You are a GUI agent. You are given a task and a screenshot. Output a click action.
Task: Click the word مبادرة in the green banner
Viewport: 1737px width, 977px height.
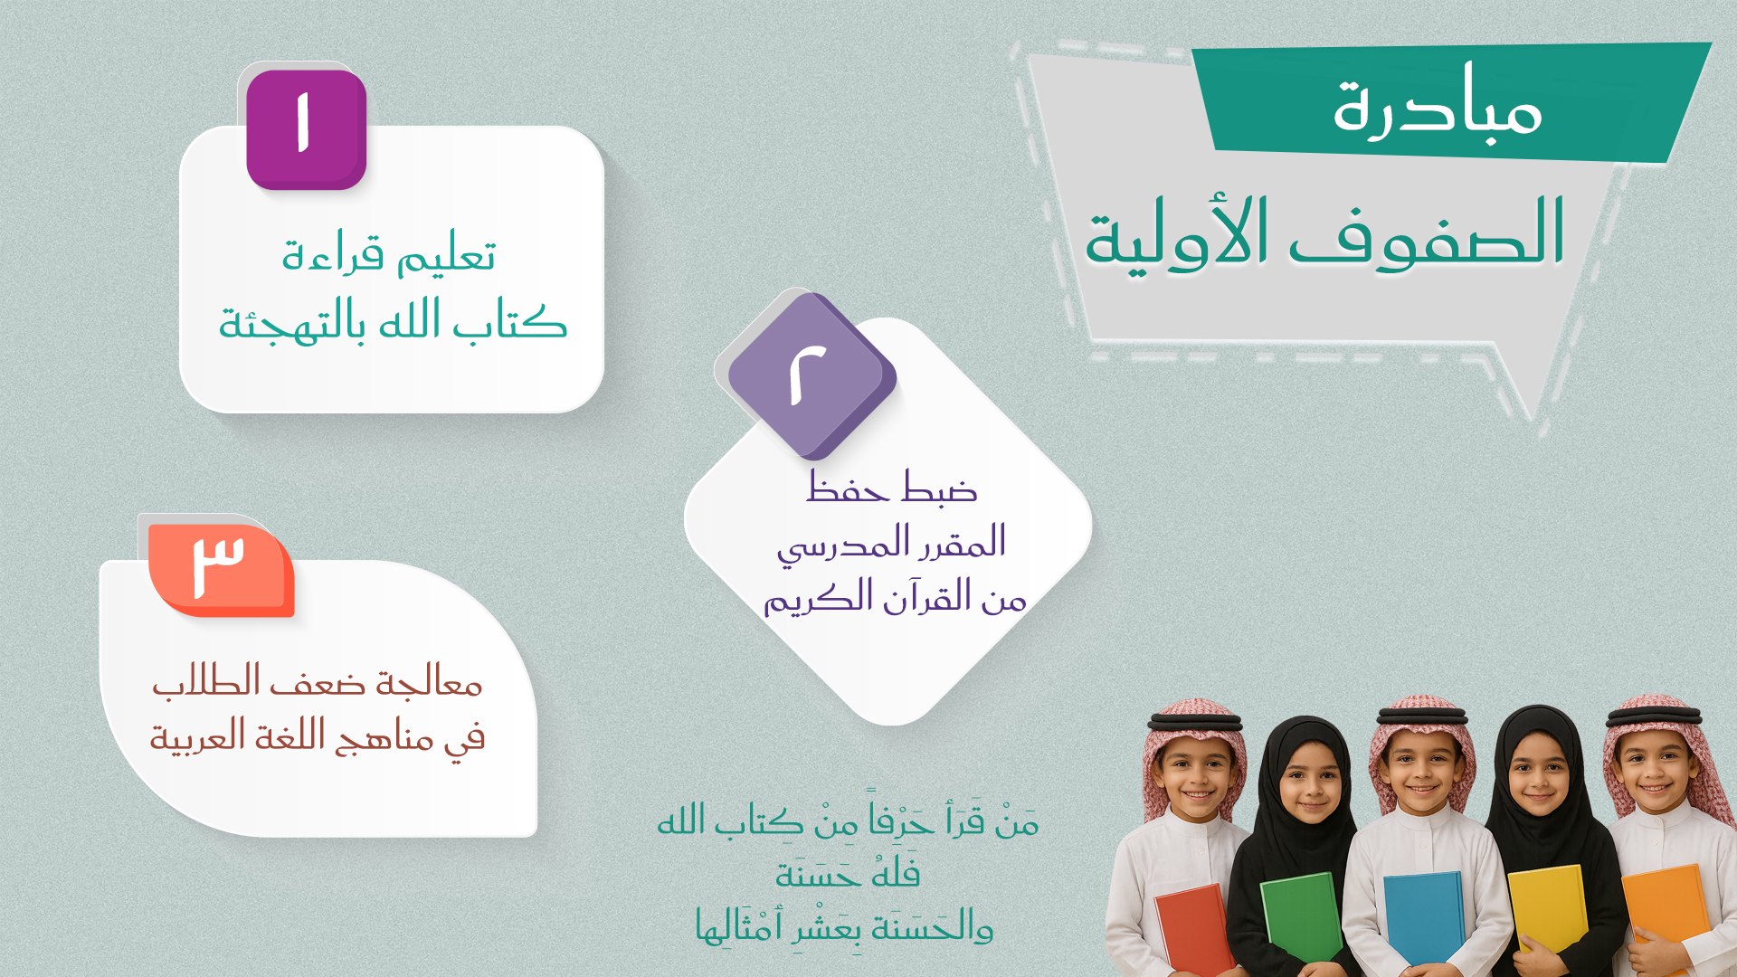(x=1438, y=104)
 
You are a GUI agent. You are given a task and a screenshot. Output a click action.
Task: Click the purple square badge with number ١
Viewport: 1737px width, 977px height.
(x=307, y=129)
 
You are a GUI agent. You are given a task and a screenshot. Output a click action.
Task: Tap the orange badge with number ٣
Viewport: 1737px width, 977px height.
(x=222, y=570)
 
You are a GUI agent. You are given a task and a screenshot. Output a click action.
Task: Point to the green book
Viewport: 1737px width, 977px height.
(x=1303, y=918)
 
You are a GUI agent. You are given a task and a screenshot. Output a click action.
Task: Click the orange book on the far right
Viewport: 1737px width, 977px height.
(x=1665, y=914)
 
